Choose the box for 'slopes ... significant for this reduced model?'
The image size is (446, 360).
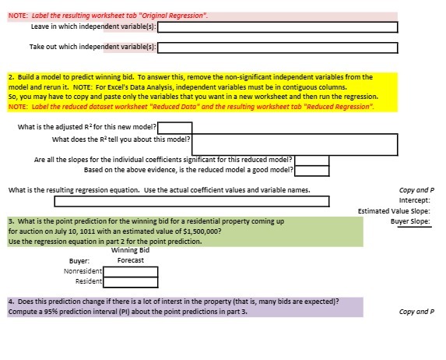[x=311, y=161]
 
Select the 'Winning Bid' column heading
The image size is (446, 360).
[x=130, y=250]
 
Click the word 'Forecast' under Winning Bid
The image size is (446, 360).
[x=130, y=259]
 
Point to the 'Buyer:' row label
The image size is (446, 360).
[x=80, y=260]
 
